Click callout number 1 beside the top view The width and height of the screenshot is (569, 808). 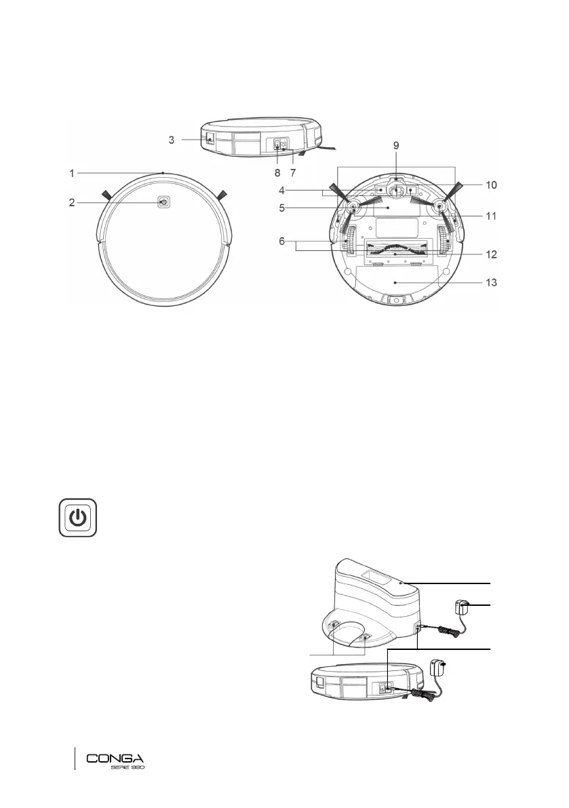tap(72, 174)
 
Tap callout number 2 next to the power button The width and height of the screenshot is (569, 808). tap(72, 203)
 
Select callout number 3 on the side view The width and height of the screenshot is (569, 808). tap(172, 140)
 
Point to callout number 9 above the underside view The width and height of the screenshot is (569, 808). tap(396, 145)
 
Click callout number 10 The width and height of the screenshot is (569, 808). tap(491, 185)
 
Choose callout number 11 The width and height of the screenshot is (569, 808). tap(491, 216)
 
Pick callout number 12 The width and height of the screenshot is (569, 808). tap(491, 254)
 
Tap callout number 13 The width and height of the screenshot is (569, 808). tap(491, 282)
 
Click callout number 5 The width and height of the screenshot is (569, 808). tap(281, 208)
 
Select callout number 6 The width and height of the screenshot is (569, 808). tap(281, 241)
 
